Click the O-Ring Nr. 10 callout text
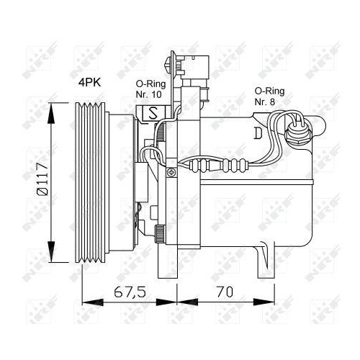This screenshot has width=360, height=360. click(x=149, y=89)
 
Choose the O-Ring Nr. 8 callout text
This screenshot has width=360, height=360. click(x=268, y=96)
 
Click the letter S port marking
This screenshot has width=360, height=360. click(x=154, y=113)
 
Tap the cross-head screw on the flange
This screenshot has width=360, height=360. click(x=171, y=172)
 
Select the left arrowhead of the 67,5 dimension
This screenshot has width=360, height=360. click(x=86, y=299)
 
